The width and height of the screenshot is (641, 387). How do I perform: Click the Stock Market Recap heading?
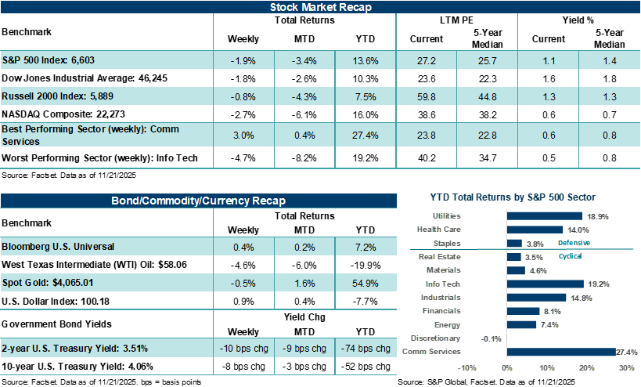320,7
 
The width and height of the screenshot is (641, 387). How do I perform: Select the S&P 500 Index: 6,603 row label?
49,60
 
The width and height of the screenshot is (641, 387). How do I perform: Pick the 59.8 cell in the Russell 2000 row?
427,96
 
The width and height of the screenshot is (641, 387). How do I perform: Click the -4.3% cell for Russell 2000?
304,96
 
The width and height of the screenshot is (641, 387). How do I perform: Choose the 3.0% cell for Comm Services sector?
243,134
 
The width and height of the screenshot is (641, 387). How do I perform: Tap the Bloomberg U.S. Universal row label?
59,246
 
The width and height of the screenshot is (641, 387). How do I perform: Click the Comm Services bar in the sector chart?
561,352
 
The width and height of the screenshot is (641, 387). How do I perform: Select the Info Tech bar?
546,284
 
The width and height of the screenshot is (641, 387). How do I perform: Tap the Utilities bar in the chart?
545,215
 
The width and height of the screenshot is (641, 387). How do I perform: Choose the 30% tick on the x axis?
626,367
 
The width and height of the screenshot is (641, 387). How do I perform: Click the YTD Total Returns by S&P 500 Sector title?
513,197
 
